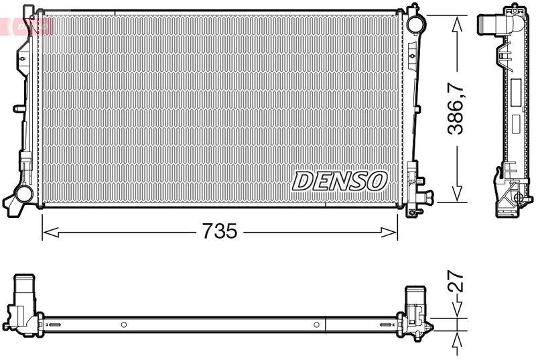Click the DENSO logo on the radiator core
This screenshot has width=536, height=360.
pos(340,180)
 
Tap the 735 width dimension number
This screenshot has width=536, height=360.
pos(219,232)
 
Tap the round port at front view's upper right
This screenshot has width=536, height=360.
pos(415,22)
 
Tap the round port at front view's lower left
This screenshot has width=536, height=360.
pos(23,195)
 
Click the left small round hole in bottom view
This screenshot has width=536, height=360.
pos(123,325)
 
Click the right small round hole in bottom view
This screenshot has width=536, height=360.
pos(316,325)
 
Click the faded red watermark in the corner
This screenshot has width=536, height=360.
pos(27,25)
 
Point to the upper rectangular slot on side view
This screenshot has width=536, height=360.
pos(517,90)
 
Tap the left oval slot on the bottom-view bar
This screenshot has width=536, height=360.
pos(54,325)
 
